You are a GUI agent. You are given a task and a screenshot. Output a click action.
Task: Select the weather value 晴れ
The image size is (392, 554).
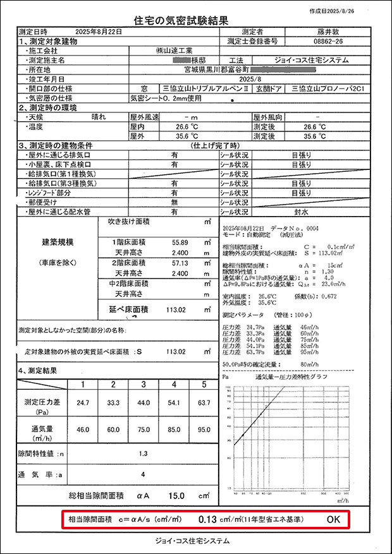(100, 117)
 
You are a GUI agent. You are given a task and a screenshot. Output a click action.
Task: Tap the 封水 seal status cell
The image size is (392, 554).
(301, 212)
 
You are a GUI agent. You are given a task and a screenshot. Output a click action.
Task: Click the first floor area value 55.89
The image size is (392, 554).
(180, 243)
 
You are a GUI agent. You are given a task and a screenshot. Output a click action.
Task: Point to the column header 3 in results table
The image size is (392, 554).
(144, 385)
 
